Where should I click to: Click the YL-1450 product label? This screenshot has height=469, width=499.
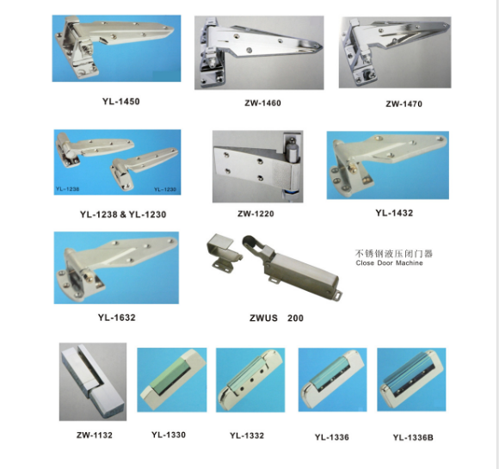point(121,102)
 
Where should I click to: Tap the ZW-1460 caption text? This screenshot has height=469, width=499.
point(263,103)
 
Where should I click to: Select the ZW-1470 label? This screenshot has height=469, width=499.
point(404,104)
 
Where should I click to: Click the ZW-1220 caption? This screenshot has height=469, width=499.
point(256,213)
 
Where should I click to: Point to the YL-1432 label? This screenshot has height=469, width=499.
point(394,213)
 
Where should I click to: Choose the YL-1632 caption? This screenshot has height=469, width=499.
point(117,318)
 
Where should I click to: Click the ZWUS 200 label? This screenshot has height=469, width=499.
point(276,318)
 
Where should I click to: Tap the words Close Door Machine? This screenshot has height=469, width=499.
point(389,263)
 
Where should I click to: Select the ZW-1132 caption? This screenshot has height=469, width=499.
point(95,435)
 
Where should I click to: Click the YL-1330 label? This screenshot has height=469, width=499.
point(169,435)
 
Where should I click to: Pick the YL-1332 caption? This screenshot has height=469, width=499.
point(247,435)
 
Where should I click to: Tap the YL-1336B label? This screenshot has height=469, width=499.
point(413,437)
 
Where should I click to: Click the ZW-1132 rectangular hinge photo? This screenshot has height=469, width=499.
point(93,382)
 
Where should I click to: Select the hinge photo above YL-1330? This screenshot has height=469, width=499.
point(172,380)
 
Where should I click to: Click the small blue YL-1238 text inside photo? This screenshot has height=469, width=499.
point(67,188)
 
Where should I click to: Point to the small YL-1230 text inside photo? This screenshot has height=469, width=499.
point(165,189)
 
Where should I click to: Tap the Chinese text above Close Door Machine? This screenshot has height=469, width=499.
point(394,254)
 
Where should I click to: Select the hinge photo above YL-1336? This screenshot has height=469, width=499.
point(333,380)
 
